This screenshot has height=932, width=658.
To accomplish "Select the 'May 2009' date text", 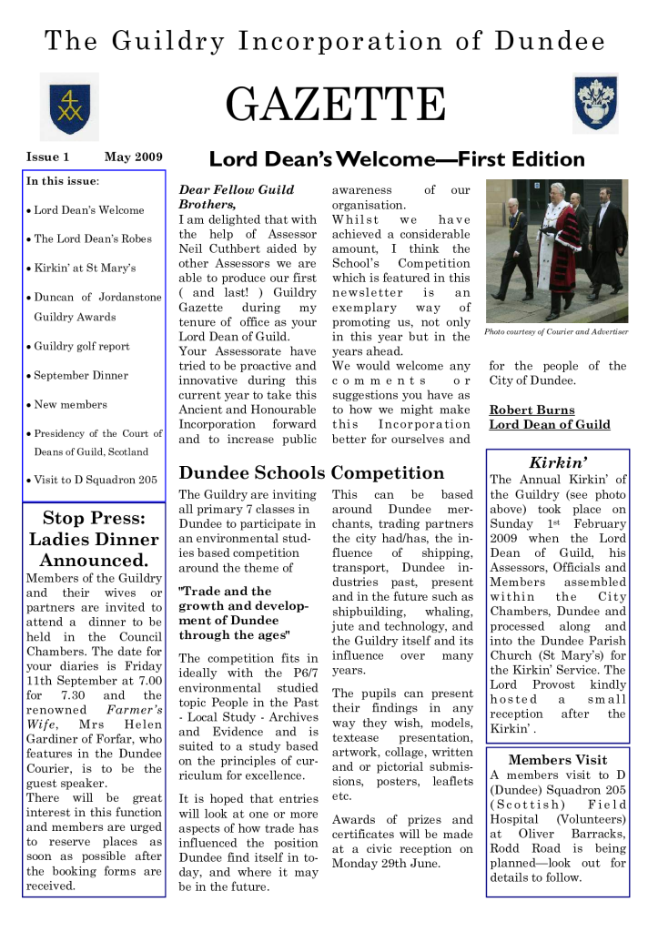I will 133,157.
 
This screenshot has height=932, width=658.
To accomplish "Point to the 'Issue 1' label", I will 48,157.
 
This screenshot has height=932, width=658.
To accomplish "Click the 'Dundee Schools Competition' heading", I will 311,472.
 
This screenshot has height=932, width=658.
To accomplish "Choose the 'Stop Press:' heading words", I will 94,519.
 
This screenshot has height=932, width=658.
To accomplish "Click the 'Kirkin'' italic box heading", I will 555,462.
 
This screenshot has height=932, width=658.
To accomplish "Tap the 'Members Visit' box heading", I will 557,759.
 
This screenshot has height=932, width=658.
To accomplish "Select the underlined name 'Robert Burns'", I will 532,410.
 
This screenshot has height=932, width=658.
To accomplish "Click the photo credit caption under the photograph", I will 556,331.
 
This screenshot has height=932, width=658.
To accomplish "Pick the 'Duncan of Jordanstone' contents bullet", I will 97,298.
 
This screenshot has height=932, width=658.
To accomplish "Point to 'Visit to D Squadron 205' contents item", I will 95,480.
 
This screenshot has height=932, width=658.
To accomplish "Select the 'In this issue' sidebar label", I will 62,181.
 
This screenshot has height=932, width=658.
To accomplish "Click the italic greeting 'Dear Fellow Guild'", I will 236,189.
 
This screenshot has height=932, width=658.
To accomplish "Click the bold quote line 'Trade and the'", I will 225,591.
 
